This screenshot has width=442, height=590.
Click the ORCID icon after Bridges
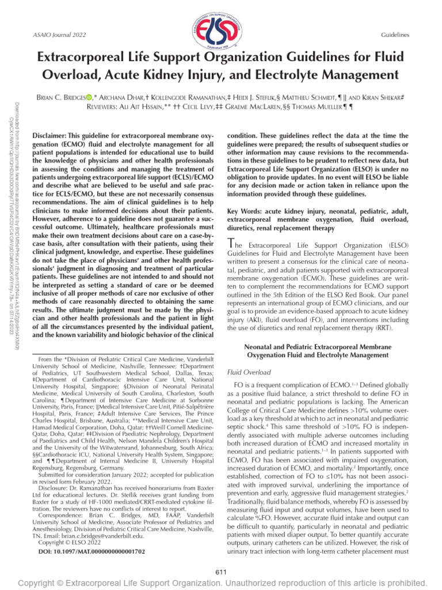114,97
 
